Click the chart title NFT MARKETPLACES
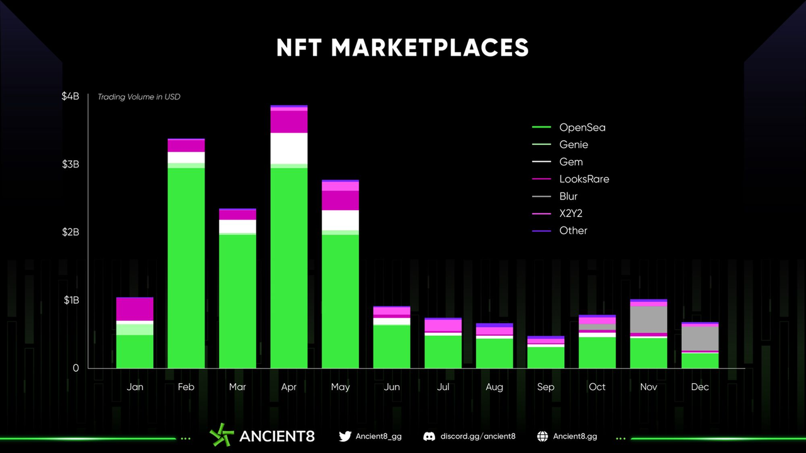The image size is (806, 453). [402, 48]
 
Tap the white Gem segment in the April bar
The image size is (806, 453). [289, 148]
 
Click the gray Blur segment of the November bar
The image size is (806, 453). [649, 319]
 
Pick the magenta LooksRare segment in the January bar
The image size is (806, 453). [135, 309]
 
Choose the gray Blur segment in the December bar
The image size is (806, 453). [700, 338]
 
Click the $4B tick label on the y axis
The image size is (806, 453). [71, 96]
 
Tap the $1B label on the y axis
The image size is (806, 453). [71, 300]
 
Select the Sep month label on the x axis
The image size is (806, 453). [545, 387]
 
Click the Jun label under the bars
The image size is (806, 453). [392, 387]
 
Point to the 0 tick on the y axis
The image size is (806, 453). [76, 368]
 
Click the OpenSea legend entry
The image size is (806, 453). [582, 128]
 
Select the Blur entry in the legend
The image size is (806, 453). [568, 196]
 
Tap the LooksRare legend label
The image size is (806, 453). [584, 179]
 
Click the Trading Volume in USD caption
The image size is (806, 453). [139, 97]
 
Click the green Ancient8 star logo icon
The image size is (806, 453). [222, 435]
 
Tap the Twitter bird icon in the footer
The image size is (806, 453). [345, 436]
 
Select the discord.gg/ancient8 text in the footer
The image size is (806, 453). [478, 436]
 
